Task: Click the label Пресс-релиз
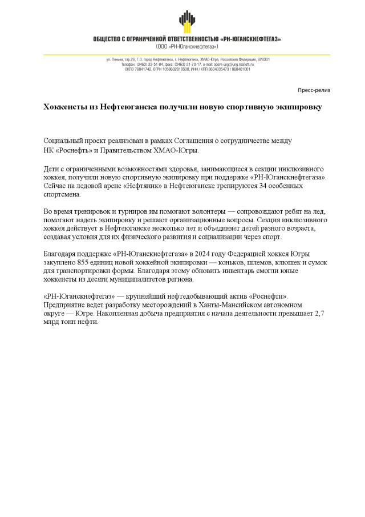[x=314, y=90]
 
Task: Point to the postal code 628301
[x=263, y=59]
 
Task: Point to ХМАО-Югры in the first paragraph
[x=179, y=150]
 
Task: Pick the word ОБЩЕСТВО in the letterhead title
[x=110, y=39]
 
